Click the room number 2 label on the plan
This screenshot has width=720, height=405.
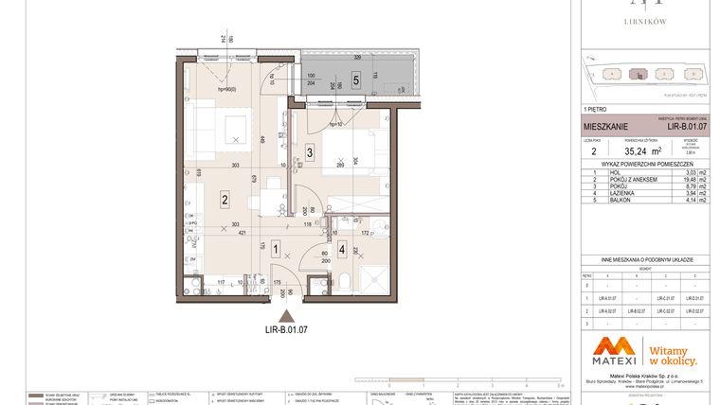click(x=225, y=199)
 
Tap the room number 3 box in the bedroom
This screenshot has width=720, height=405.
click(x=310, y=152)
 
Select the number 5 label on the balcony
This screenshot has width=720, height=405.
click(x=355, y=80)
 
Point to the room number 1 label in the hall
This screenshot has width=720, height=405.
click(x=276, y=250)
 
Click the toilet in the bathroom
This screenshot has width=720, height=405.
click(x=348, y=281)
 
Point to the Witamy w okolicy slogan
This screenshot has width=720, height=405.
click(x=673, y=354)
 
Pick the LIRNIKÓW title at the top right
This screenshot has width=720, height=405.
click(x=648, y=20)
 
